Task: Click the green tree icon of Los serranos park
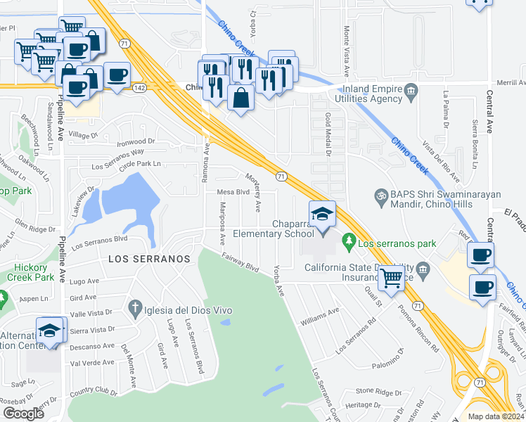pos(349,243)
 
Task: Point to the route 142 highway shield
pos(139,87)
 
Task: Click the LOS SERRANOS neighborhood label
pos(149,259)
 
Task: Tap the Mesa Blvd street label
pos(233,191)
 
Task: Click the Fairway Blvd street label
pos(239,263)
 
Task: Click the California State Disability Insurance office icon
pos(422,268)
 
